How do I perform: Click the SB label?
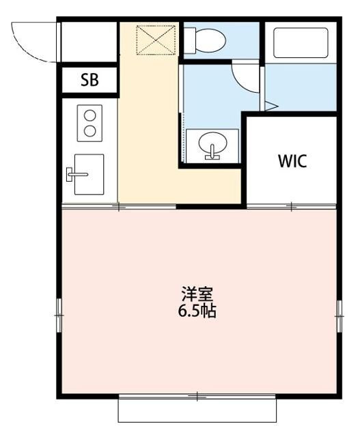[89, 80]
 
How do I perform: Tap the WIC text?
[292, 161]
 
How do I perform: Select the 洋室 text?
[197, 295]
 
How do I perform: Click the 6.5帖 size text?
[197, 311]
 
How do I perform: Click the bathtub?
[300, 42]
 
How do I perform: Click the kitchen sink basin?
[89, 174]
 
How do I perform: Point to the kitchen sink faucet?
[74, 175]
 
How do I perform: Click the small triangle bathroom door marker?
[270, 106]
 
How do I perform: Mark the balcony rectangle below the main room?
[197, 410]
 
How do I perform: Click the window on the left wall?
[59, 315]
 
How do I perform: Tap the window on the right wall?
[337, 315]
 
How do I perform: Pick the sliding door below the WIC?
[291, 206]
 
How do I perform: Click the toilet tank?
[189, 40]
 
